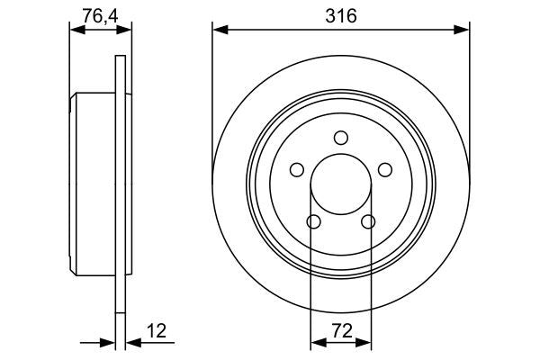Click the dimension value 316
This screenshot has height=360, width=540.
[x=340, y=16]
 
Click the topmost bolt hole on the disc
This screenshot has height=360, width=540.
[x=340, y=138]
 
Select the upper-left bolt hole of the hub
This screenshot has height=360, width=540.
[x=296, y=170]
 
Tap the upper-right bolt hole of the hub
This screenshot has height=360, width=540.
[x=385, y=170]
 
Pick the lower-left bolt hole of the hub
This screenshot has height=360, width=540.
[x=313, y=222]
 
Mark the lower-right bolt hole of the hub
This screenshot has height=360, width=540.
[x=367, y=222]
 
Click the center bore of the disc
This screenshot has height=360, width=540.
[x=340, y=184]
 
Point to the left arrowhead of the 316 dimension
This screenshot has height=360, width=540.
[x=219, y=31]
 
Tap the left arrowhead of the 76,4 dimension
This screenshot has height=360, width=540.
[x=76, y=31]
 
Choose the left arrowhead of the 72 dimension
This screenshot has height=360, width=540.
[x=316, y=342]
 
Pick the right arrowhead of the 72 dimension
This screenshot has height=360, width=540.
[x=364, y=342]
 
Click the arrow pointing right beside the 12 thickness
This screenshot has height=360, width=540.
[x=108, y=342]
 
